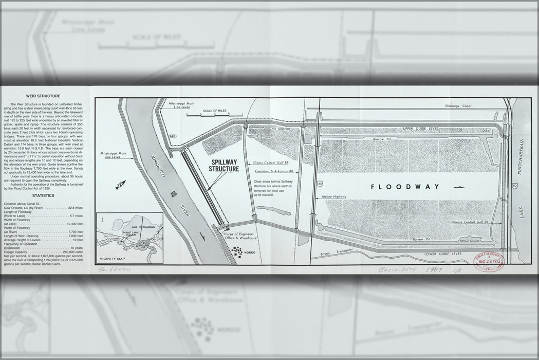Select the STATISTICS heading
[x=43, y=195]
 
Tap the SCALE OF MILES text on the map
[x=215, y=111]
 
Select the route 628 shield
[x=173, y=136]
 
